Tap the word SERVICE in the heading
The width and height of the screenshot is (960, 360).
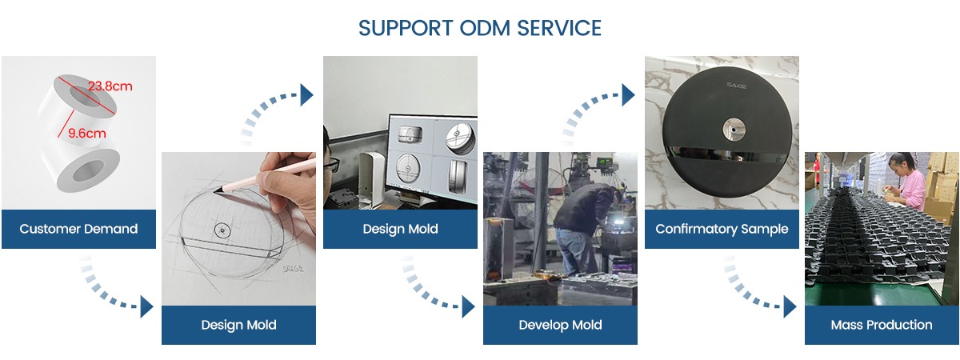click(559, 28)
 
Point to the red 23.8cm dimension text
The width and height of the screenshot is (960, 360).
click(110, 86)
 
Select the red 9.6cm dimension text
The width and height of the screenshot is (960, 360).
click(87, 134)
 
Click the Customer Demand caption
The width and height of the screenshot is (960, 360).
click(78, 229)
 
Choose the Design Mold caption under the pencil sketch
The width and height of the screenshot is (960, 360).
click(238, 325)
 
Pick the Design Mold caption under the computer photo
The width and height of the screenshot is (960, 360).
click(400, 229)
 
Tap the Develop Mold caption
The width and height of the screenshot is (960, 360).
click(560, 325)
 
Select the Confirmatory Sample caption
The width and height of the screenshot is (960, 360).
click(722, 229)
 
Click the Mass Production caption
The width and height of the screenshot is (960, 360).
click(882, 325)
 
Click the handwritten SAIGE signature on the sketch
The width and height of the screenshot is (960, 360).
click(294, 269)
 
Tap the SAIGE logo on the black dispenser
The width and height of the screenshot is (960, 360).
click(737, 86)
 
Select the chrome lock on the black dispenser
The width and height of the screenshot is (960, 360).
click(733, 129)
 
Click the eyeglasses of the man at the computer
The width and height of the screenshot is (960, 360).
click(332, 164)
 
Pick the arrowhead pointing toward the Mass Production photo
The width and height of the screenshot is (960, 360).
click(790, 306)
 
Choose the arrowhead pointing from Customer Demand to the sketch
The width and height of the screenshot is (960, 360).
click(146, 306)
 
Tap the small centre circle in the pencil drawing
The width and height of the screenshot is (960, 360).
click(222, 230)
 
